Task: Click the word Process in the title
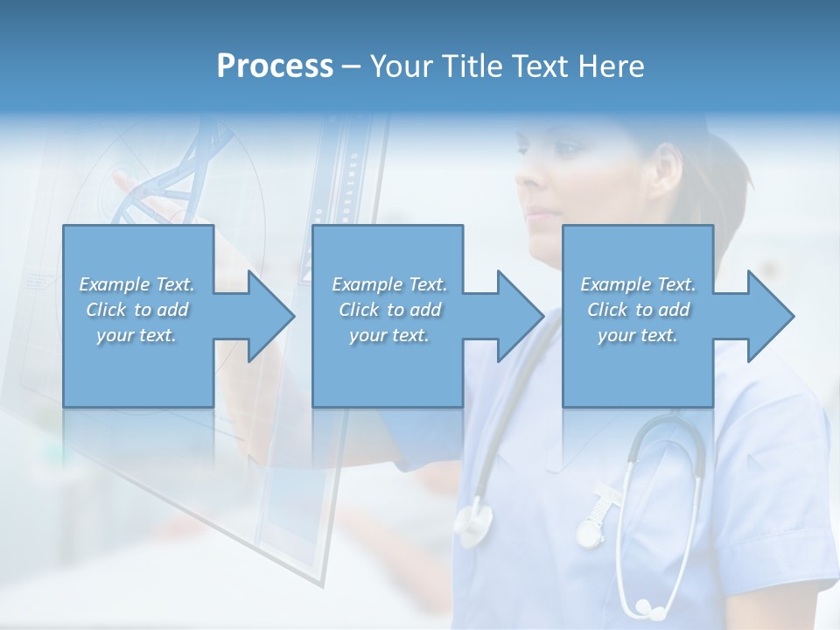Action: click(x=275, y=66)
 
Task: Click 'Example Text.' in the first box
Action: click(x=136, y=284)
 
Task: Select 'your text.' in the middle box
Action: click(x=388, y=335)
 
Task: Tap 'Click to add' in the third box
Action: click(x=638, y=310)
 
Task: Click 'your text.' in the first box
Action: click(x=136, y=335)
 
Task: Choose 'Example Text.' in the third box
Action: click(x=638, y=284)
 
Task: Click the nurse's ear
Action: click(x=666, y=171)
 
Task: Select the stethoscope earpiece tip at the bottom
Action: click(x=646, y=605)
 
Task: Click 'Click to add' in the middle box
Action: click(x=388, y=310)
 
